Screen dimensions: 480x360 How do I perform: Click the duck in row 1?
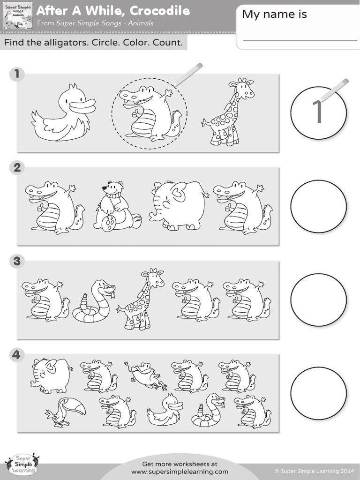[x=63, y=115]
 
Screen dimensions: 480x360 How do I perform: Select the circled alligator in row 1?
[x=149, y=114]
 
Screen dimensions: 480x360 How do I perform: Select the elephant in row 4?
[x=51, y=375]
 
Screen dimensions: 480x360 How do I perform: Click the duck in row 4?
[x=165, y=410]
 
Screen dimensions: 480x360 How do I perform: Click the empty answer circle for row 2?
[x=318, y=206]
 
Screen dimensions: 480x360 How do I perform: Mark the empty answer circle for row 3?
[x=318, y=300]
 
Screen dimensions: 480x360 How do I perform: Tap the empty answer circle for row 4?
[x=318, y=393]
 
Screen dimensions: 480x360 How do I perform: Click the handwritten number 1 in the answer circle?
[x=318, y=112]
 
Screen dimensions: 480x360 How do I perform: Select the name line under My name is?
[x=300, y=40]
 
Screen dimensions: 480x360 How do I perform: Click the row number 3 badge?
[x=17, y=261]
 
